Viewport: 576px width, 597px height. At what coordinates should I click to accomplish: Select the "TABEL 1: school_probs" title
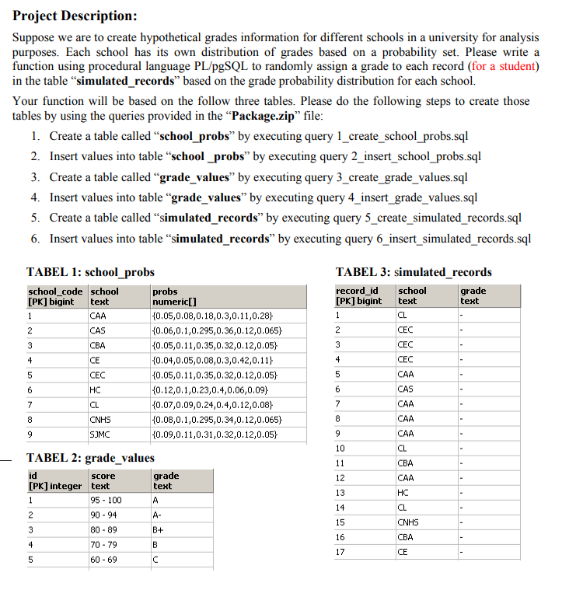click(x=90, y=272)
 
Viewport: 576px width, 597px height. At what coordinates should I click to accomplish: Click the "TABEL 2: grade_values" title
click(x=90, y=458)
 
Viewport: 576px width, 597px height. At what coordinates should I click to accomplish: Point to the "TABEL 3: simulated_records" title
click(x=413, y=272)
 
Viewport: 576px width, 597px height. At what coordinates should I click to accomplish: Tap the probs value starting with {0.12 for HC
click(x=211, y=389)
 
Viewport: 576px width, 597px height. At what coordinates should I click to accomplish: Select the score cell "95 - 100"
click(x=106, y=500)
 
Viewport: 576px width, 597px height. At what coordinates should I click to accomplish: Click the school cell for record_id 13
click(x=403, y=492)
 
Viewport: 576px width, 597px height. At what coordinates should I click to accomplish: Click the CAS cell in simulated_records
click(x=405, y=389)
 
